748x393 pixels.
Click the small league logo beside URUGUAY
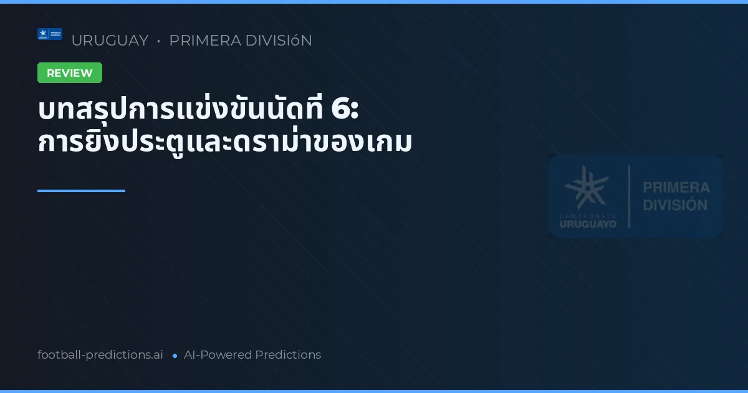point(50,34)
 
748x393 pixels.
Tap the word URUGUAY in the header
point(110,41)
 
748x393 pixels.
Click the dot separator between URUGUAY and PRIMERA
point(158,41)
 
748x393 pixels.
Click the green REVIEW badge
point(70,73)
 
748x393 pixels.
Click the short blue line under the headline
point(81,191)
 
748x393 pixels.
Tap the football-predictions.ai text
point(100,355)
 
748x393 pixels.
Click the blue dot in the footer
point(175,356)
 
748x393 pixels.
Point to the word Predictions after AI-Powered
point(288,355)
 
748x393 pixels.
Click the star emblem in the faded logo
point(586,187)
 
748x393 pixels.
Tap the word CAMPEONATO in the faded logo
point(587,215)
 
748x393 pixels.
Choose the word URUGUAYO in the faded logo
point(587,223)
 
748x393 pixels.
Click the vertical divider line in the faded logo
point(628,196)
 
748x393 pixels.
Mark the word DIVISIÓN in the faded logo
point(676,205)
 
